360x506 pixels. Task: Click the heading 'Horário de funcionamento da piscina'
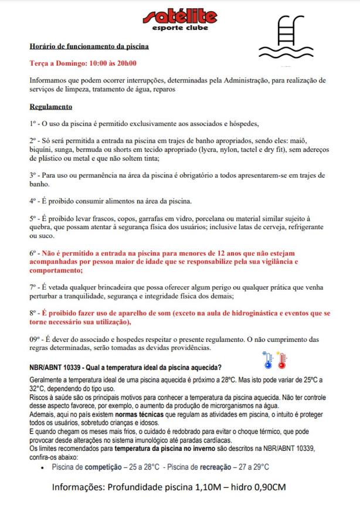tap(89, 46)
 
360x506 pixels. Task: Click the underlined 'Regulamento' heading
tap(51, 107)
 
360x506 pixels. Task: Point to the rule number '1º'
tap(33, 124)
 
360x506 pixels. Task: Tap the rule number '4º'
tap(33, 201)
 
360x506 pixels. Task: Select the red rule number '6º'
tap(33, 253)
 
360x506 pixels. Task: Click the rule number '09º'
tap(35, 339)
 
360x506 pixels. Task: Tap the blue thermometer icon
tap(268, 361)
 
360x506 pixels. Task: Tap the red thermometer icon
tap(281, 361)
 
